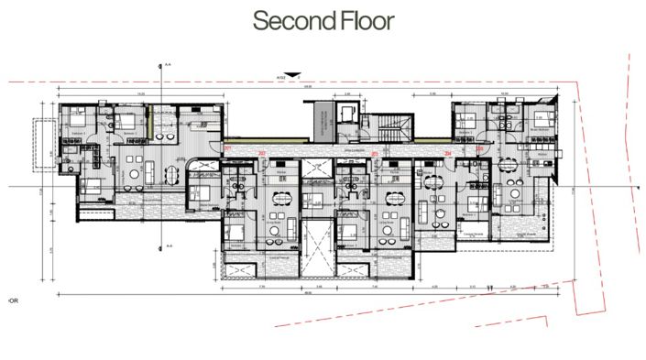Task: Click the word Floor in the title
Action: coord(359,20)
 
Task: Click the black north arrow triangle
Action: coord(291,75)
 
